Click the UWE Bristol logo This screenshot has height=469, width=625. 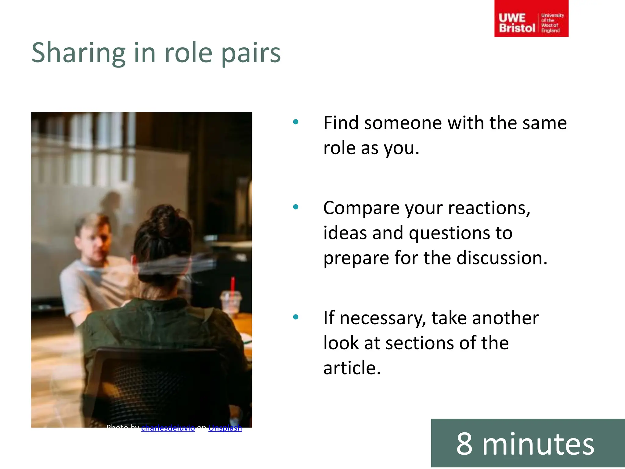531,19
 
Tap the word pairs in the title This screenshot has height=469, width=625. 251,53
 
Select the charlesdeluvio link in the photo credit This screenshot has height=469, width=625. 168,428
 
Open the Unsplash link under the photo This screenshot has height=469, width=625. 225,428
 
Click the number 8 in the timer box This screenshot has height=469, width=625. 464,444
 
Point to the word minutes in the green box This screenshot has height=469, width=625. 538,444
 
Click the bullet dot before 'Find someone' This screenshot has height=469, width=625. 295,122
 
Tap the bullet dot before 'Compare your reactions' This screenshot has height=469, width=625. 295,207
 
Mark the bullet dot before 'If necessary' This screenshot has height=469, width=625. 295,317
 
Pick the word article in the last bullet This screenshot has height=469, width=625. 352,368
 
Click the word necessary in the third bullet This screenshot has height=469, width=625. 383,318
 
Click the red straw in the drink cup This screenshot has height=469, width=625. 233,287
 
